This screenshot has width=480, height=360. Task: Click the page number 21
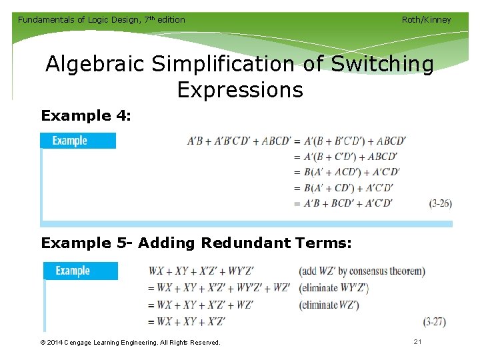[418, 342]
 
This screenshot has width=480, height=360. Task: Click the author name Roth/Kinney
[426, 19]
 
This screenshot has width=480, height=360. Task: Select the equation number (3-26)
[440, 203]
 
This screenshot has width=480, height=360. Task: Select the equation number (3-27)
[434, 321]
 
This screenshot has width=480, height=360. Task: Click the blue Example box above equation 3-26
[78, 141]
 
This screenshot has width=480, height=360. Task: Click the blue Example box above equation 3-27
[81, 271]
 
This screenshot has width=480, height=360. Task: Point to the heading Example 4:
[86, 116]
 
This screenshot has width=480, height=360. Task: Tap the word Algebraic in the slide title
[95, 65]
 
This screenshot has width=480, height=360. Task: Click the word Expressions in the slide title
[240, 89]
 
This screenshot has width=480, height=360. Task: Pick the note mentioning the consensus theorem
[362, 271]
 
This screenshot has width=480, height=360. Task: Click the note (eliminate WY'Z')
[334, 288]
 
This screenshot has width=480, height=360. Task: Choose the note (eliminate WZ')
[329, 305]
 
